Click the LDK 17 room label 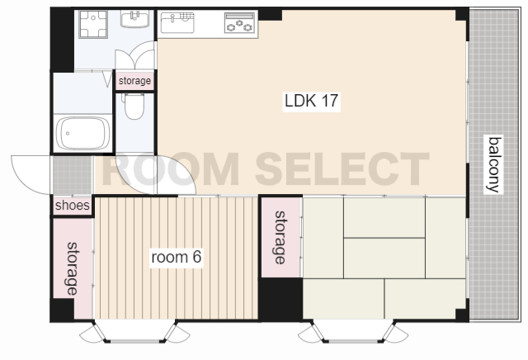(x=311, y=101)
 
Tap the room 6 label (x=176, y=257)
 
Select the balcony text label (x=493, y=165)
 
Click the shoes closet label (x=73, y=206)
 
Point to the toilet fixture (x=134, y=106)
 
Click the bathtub (x=82, y=133)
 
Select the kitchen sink (x=177, y=22)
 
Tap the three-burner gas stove (x=239, y=23)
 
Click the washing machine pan (x=93, y=24)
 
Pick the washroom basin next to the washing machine (x=135, y=19)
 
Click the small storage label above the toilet (x=134, y=81)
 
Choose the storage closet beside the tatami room (x=280, y=237)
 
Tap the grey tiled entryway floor (x=72, y=175)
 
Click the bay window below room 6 (x=134, y=333)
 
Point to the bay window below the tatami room (x=353, y=333)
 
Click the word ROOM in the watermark (x=170, y=169)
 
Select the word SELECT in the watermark (x=342, y=169)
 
